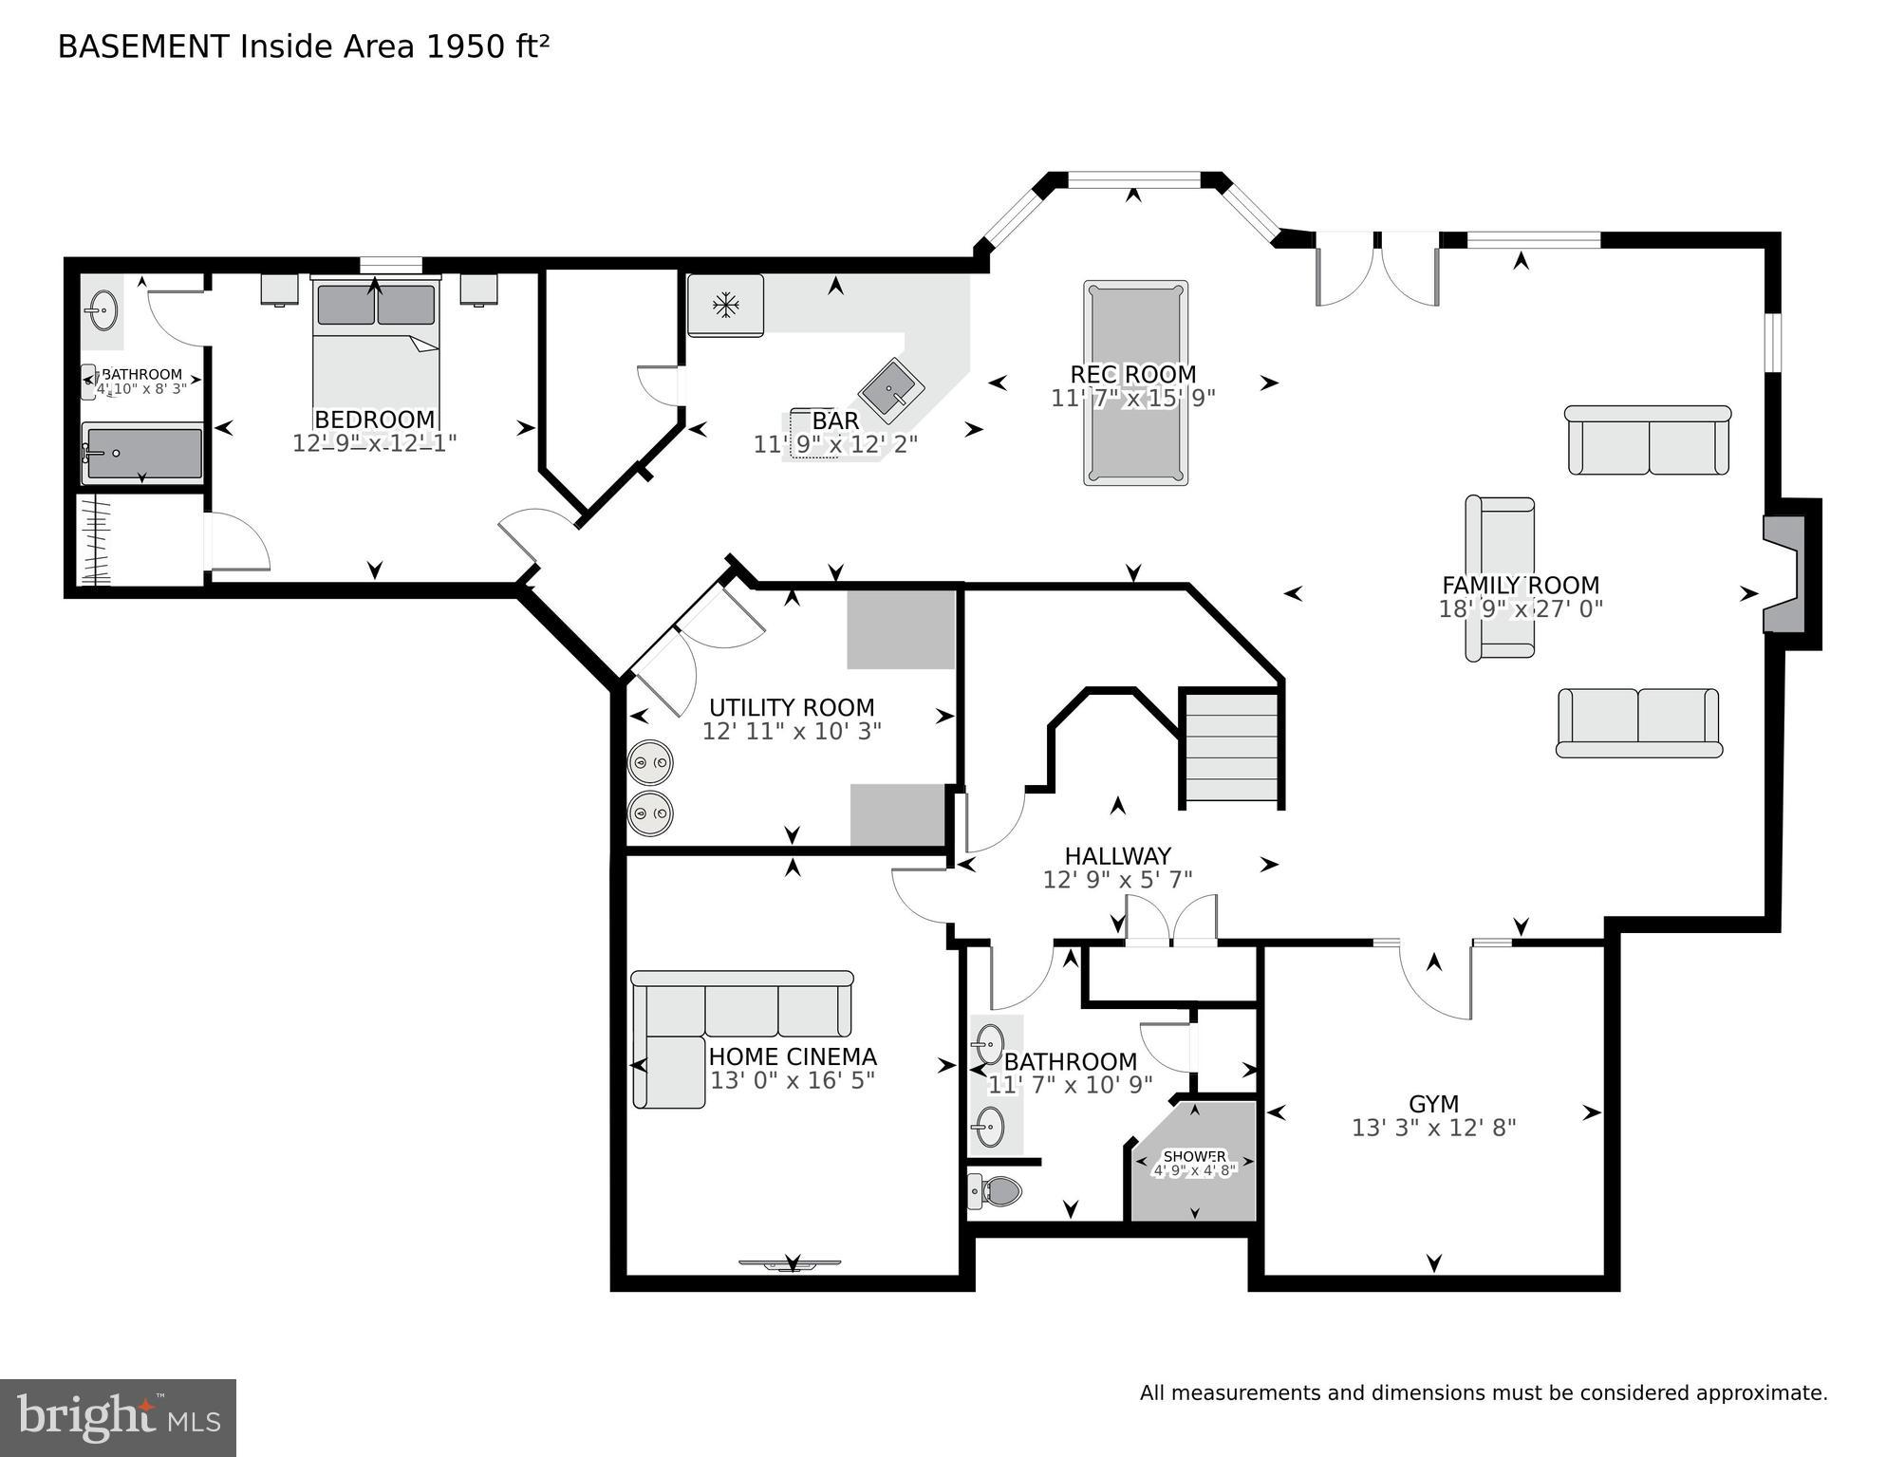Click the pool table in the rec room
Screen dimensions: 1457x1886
(x=1135, y=383)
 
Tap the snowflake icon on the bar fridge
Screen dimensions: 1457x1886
(x=726, y=306)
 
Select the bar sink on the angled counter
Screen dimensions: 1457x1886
(x=891, y=389)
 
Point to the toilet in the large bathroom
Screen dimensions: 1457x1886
(x=995, y=1189)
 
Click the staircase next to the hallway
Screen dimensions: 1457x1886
(x=1231, y=749)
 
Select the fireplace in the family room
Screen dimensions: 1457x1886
(x=1784, y=574)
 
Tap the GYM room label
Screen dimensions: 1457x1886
(x=1433, y=1104)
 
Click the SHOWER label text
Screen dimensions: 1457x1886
(x=1194, y=1156)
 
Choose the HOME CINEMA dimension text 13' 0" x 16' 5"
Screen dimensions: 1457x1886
(x=793, y=1080)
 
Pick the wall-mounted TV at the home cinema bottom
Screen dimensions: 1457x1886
(x=791, y=1263)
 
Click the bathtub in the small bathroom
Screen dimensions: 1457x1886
(x=142, y=454)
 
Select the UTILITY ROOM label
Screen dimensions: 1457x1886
(x=792, y=707)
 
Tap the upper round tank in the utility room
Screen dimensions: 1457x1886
(x=650, y=762)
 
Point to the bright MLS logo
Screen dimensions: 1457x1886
(x=118, y=1418)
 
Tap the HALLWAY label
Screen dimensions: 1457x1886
(x=1117, y=856)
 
